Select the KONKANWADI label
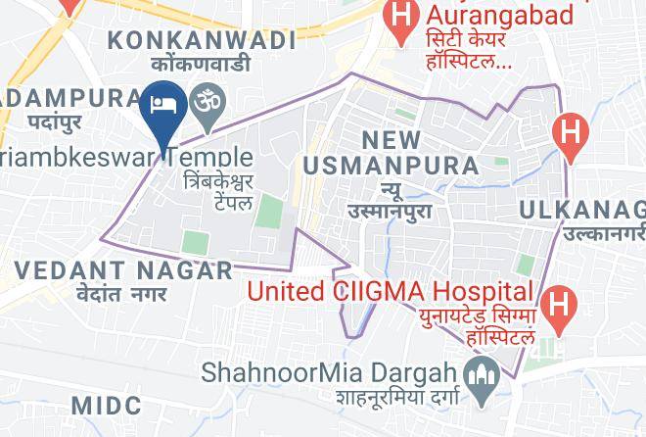point(202,40)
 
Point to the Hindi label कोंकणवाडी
point(202,64)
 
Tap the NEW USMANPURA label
point(391,153)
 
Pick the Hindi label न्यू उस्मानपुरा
point(390,199)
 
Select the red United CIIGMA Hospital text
point(390,291)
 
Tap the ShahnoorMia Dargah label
point(330,372)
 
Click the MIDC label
point(108,406)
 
